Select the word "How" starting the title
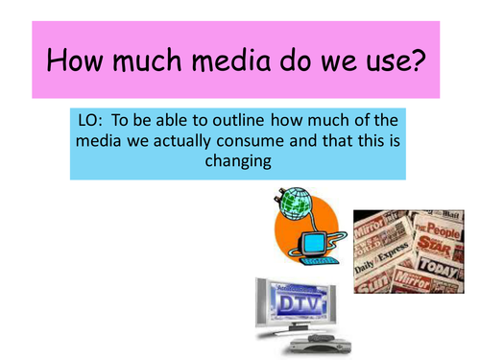tap(76, 63)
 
